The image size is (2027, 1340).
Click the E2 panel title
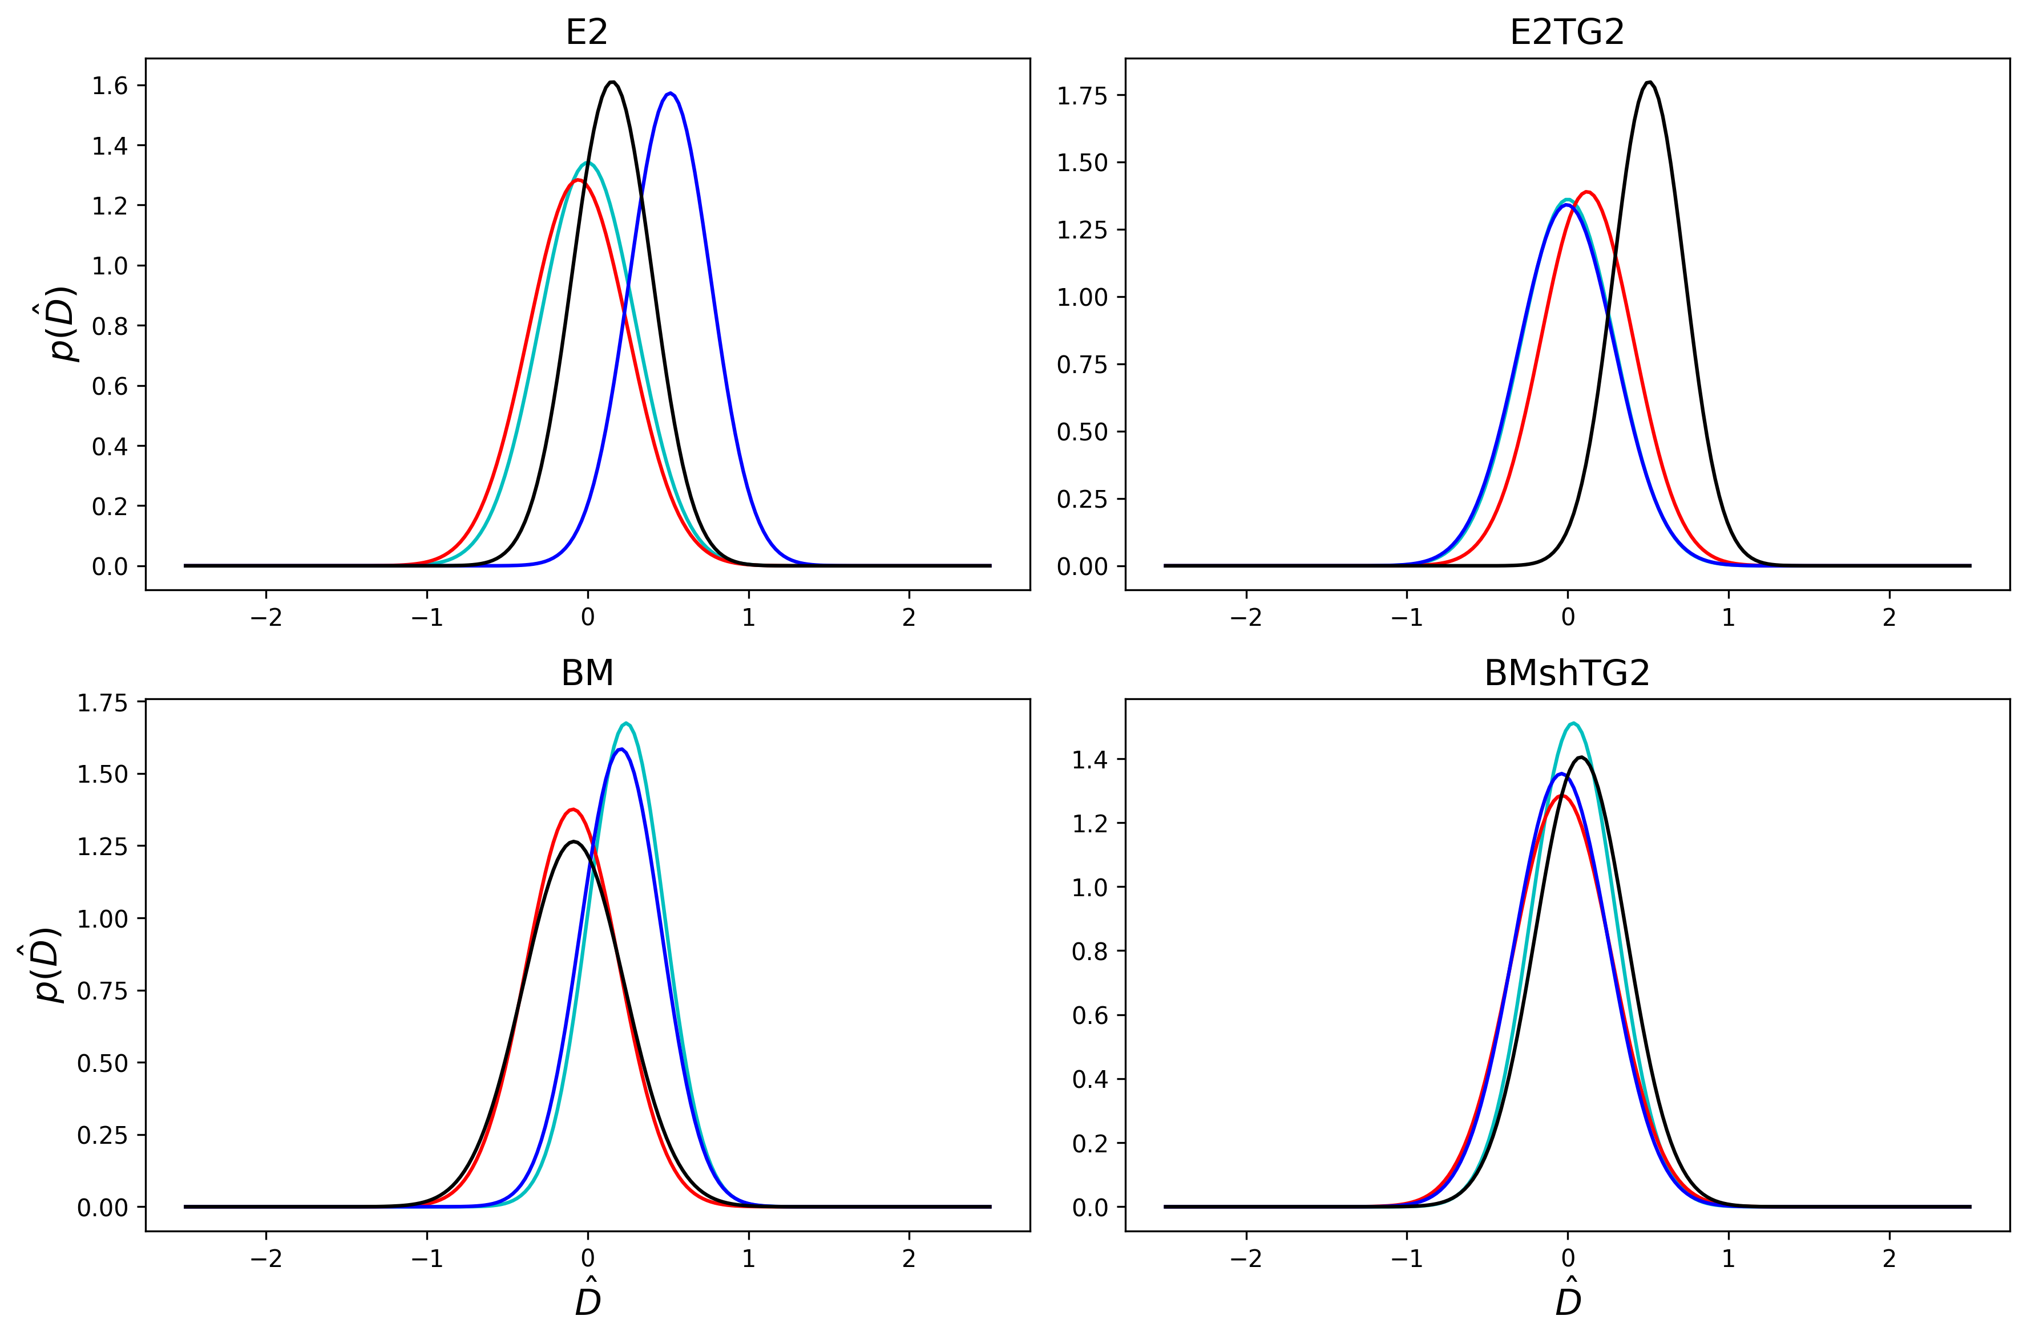click(587, 33)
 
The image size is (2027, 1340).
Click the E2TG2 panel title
click(1566, 33)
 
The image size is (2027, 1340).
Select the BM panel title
click(587, 673)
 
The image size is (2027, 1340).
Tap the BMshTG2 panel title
click(1566, 673)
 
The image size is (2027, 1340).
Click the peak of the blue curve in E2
click(671, 93)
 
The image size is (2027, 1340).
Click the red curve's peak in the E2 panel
click(578, 180)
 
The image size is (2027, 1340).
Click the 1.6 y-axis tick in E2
click(110, 86)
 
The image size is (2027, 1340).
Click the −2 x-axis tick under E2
click(266, 617)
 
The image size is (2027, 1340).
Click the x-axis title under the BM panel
click(587, 1302)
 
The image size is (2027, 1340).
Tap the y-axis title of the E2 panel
click(63, 325)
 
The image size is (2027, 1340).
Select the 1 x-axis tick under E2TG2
click(1728, 617)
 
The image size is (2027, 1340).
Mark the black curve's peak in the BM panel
click(573, 842)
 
